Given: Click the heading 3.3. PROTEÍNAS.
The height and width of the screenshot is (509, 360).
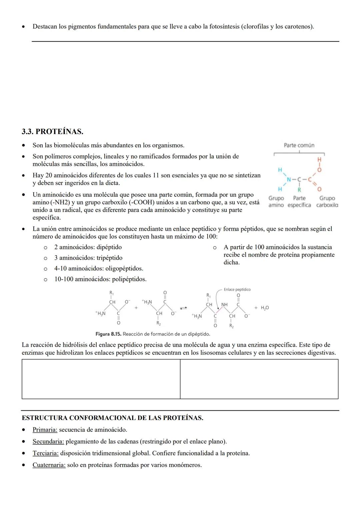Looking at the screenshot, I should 52,132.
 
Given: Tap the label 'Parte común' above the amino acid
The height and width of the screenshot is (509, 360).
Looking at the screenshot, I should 299,145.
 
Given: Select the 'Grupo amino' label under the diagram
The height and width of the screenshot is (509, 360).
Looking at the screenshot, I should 276,202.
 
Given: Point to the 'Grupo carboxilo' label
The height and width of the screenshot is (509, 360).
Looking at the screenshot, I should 327,202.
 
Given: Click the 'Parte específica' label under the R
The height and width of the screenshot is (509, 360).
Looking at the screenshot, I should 299,202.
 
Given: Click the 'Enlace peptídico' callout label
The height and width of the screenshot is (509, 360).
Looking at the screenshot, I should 237,289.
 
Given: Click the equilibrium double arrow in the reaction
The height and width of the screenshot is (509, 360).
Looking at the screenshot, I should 183,308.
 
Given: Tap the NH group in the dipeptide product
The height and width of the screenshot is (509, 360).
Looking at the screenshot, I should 224,305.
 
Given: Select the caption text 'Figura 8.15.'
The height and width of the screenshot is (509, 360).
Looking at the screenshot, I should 109,334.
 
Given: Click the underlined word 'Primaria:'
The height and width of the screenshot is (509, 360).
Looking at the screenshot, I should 45,430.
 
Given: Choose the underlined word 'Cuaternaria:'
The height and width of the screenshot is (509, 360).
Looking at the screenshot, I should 49,465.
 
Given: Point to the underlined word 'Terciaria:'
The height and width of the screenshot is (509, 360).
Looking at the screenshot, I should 45,453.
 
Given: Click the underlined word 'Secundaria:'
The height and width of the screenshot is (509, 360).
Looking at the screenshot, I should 48,442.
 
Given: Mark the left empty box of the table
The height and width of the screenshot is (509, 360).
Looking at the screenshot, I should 101,379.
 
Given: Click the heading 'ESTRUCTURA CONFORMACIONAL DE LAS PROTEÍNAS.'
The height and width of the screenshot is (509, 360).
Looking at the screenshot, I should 112,418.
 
